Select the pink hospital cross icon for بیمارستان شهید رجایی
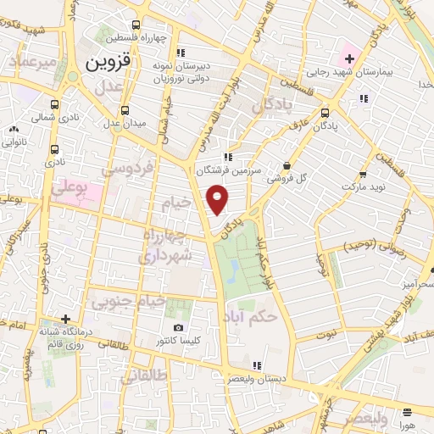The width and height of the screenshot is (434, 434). (x=348, y=58)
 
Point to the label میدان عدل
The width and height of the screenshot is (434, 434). (x=125, y=124)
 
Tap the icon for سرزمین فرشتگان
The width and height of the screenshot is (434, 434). (x=227, y=157)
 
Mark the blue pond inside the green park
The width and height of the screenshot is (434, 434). (x=232, y=270)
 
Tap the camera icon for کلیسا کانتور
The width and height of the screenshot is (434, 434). (x=178, y=328)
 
